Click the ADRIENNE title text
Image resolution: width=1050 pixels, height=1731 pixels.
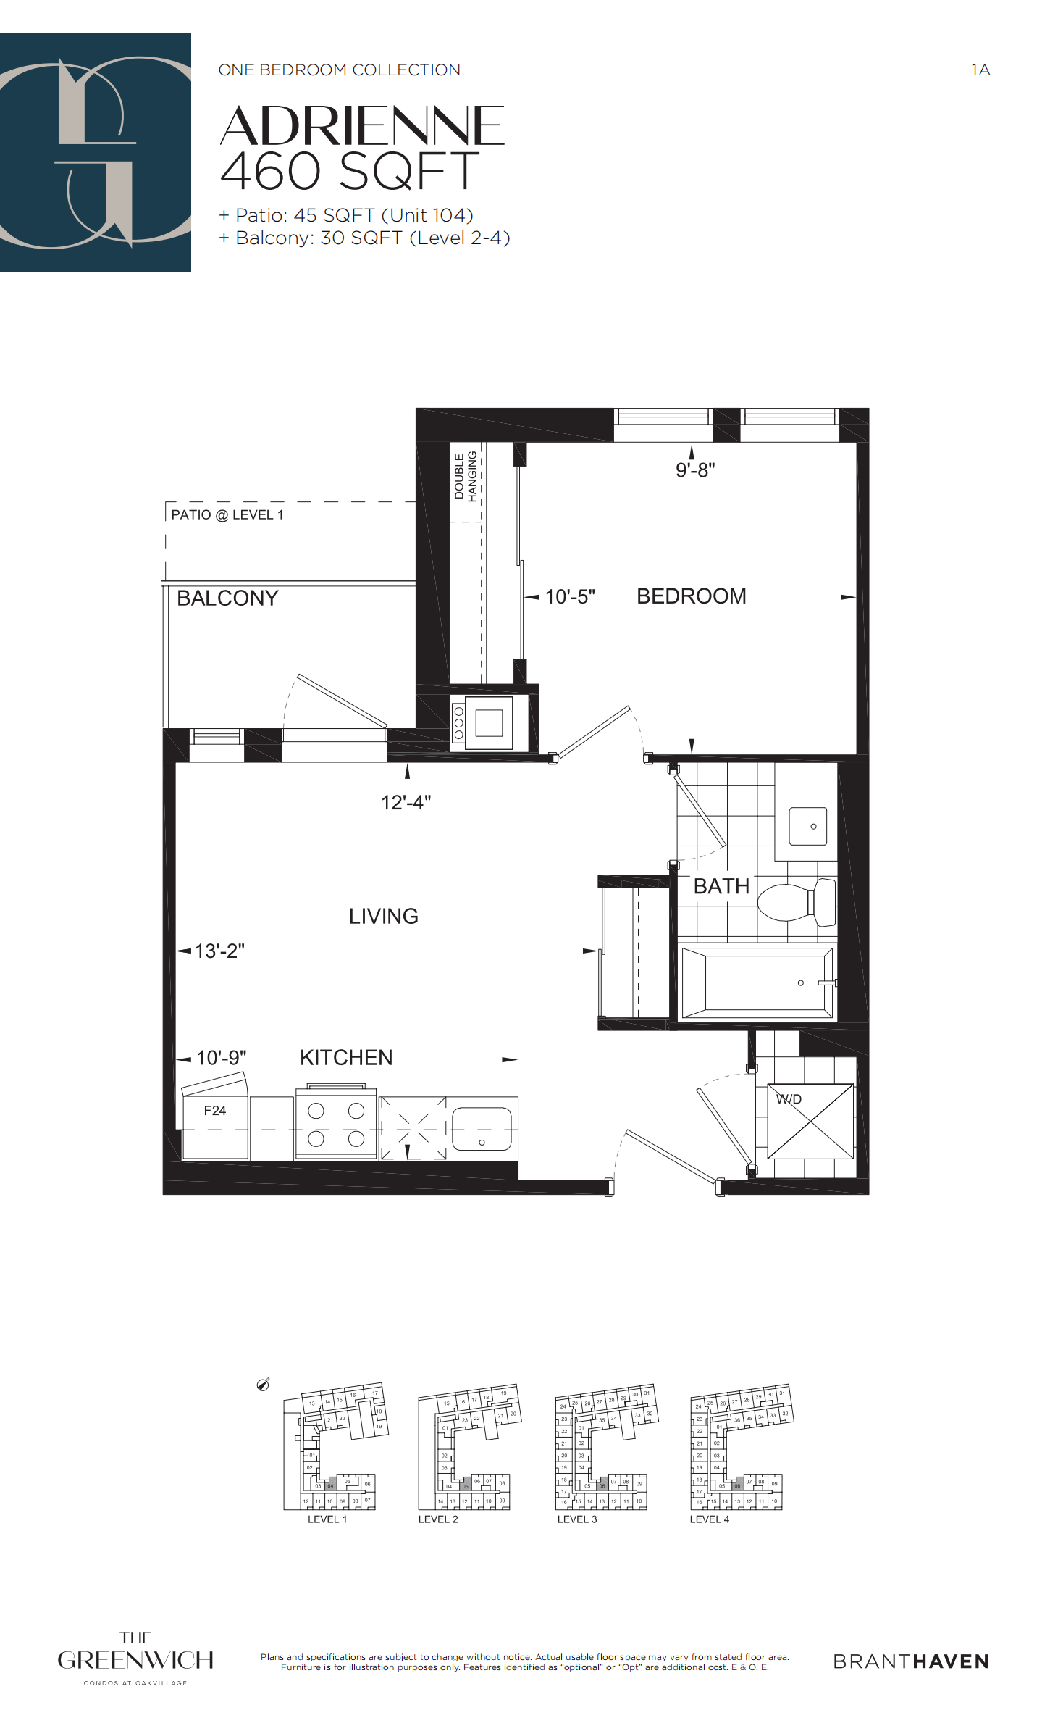coord(362,125)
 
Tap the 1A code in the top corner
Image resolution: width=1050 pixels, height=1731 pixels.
coord(980,70)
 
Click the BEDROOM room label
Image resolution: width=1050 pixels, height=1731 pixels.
coord(691,596)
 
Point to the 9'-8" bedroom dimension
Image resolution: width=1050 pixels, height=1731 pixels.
coord(695,470)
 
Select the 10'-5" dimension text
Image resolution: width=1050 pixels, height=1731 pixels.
coord(570,597)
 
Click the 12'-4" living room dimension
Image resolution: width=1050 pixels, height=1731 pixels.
coord(406,803)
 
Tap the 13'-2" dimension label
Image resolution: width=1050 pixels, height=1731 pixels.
coord(219,951)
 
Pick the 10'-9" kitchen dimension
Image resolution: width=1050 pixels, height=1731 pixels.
coord(221,1058)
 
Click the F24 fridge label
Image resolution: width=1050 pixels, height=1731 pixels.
coord(215,1111)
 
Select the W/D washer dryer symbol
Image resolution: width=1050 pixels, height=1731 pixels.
coord(810,1121)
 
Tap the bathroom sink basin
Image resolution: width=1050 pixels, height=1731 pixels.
coord(808,826)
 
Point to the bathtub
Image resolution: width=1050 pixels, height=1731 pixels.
coord(757,983)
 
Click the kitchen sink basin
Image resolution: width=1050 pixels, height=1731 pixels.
coord(482,1129)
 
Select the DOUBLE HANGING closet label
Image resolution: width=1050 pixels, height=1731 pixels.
coord(466,476)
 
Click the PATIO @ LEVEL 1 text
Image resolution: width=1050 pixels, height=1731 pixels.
coord(227,515)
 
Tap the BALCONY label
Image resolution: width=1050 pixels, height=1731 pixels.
coord(227,598)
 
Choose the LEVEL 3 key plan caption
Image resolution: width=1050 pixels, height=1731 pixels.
coord(577,1519)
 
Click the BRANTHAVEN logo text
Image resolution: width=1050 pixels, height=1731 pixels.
coord(911,1661)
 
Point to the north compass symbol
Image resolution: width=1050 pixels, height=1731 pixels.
coord(264,1385)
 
